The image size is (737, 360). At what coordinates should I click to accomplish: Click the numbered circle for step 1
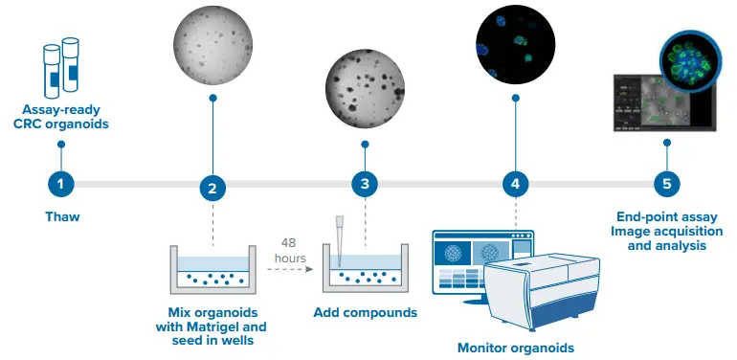point(61,184)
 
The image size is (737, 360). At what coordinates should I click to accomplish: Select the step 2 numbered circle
point(212,189)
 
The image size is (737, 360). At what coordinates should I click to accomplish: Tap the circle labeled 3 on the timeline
point(365,184)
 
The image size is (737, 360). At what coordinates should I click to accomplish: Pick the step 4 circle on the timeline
point(515,184)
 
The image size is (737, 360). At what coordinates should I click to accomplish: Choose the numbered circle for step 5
point(667,184)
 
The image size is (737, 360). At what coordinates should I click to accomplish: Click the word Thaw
point(62,216)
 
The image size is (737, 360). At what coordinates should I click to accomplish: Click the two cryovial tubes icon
point(61,67)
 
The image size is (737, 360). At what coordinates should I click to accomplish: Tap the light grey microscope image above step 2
point(212,45)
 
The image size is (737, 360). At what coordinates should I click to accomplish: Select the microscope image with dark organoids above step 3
point(365,89)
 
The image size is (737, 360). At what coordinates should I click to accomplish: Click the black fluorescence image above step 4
point(515,45)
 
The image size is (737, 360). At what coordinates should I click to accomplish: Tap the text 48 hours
point(290,251)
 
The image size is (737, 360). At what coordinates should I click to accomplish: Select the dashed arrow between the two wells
point(290,269)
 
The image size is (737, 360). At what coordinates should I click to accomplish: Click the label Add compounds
point(366,312)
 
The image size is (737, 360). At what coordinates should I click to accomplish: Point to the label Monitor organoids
point(516,348)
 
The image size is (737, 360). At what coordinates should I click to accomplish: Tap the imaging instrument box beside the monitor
point(542,292)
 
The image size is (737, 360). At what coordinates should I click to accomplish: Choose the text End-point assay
point(667,217)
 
